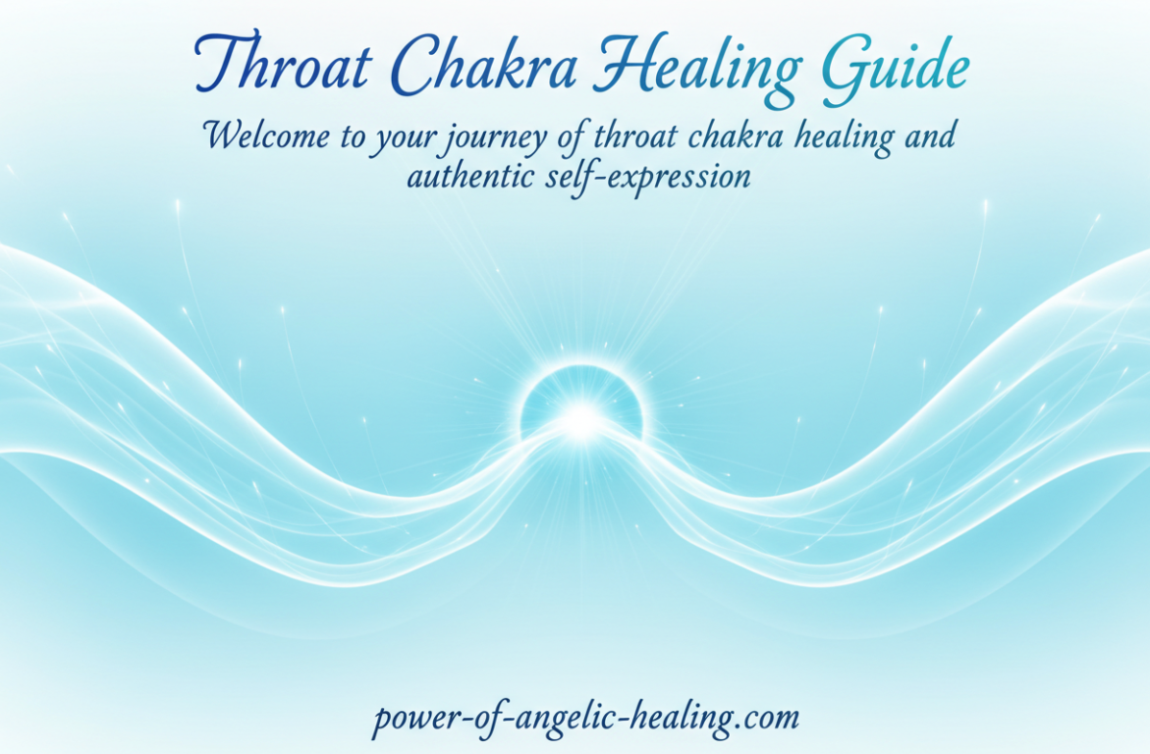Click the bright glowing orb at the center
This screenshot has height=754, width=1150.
click(581, 419)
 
